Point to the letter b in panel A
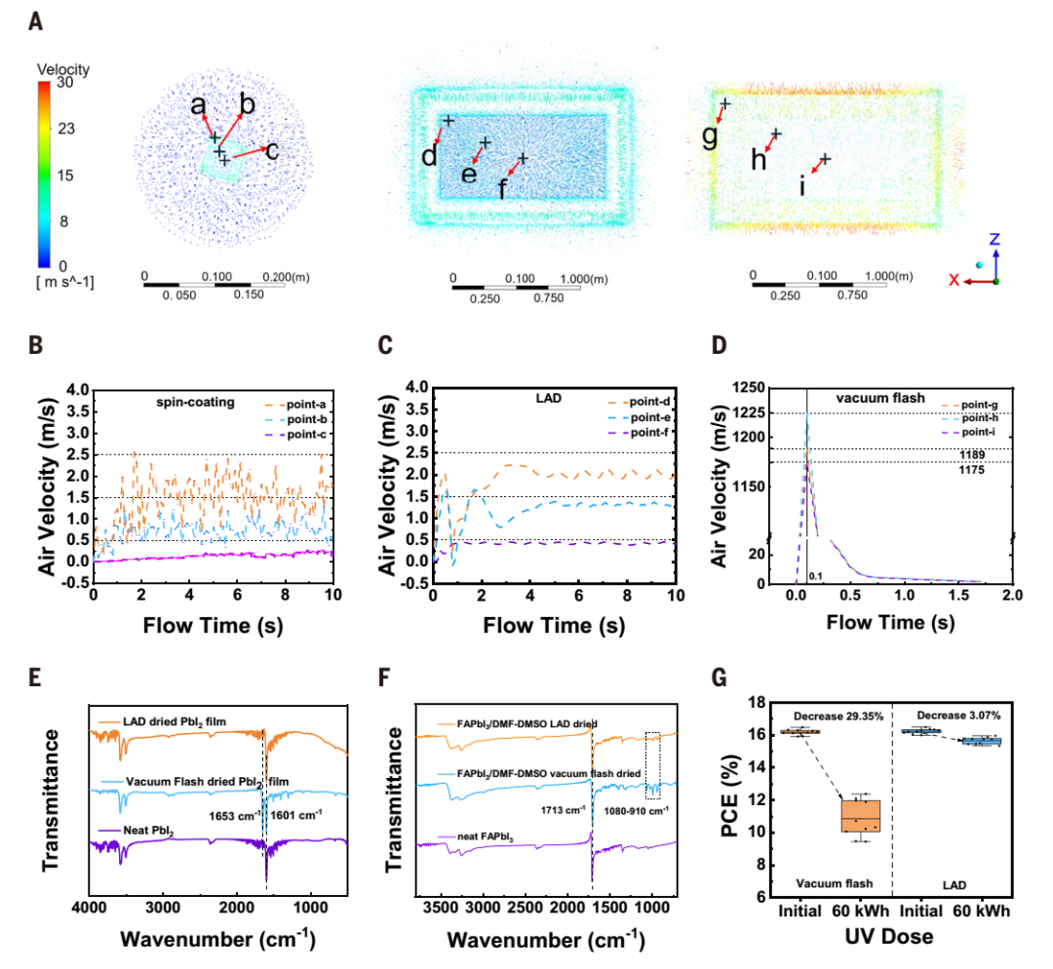(248, 103)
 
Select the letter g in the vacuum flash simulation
(710, 136)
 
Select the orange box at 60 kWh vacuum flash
(859, 815)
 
